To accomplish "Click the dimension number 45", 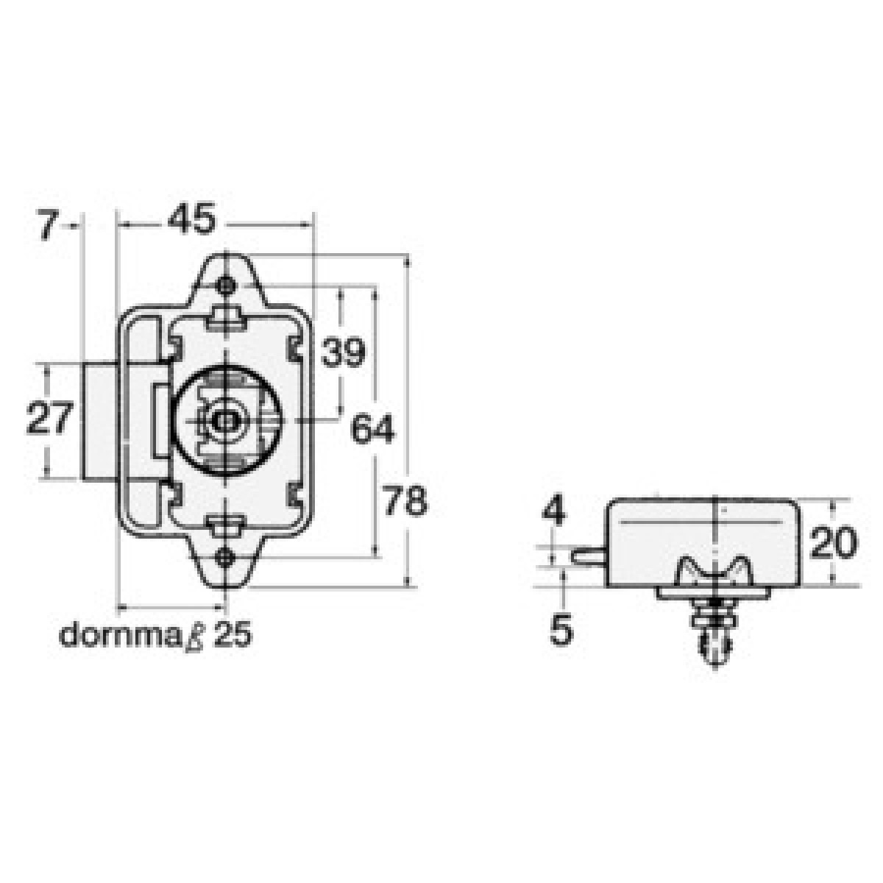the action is (x=191, y=219).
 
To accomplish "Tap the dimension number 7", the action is (x=48, y=225).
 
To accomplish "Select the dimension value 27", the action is (x=49, y=417).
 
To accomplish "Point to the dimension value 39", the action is (x=343, y=352).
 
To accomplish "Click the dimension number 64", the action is (x=372, y=428).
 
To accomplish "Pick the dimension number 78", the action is (x=405, y=500).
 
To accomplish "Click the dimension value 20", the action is (x=833, y=542).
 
